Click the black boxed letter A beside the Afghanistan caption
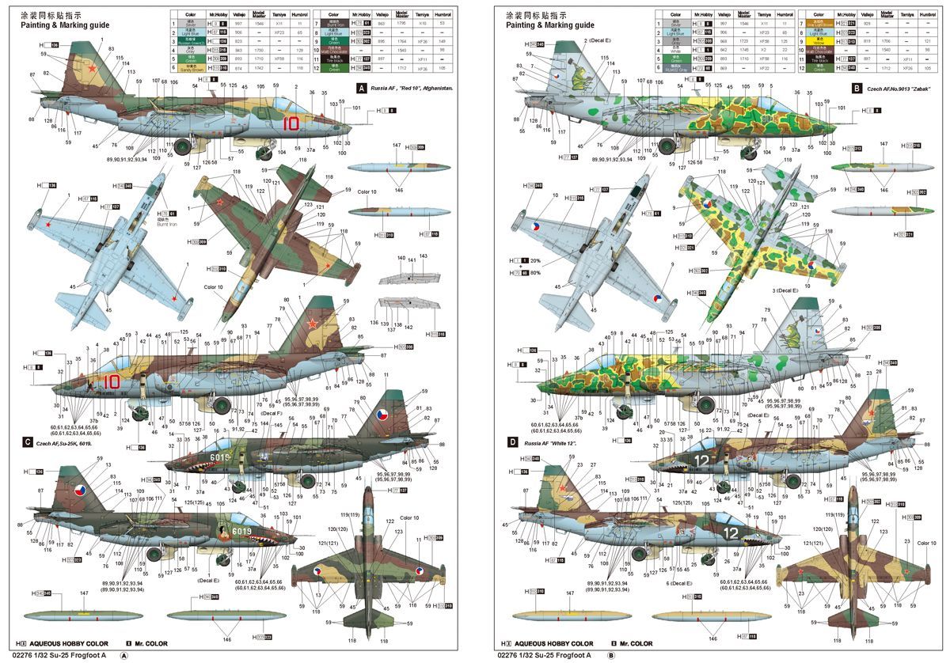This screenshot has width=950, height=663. point(362,88)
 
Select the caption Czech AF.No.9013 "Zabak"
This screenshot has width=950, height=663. point(901,89)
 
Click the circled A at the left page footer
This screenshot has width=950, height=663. point(123,655)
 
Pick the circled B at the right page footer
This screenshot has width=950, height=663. point(611,655)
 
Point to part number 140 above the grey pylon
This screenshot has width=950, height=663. point(401,259)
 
